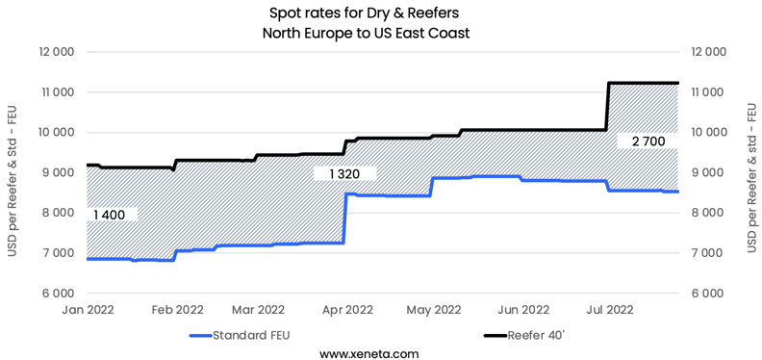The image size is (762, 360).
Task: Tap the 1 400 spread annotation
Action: pyautogui.click(x=111, y=215)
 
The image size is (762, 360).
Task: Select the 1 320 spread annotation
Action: pyautogui.click(x=343, y=174)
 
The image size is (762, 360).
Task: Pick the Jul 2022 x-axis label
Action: pyautogui.click(x=609, y=309)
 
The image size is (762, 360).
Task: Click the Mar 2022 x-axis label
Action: pyautogui.click(x=257, y=309)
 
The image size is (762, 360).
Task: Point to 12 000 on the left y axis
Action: pyautogui.click(x=56, y=52)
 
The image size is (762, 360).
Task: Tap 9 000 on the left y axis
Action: pyautogui.click(x=56, y=172)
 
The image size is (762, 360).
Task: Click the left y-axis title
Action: pyautogui.click(x=13, y=172)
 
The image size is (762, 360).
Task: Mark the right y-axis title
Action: pyautogui.click(x=750, y=172)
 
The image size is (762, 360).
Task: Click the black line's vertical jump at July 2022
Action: pyautogui.click(x=607, y=106)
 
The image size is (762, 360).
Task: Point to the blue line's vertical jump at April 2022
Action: pyautogui.click(x=344, y=219)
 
